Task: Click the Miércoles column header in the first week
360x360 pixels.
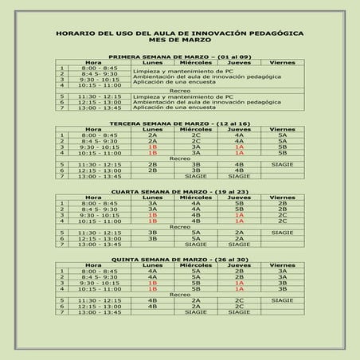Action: coord(196,63)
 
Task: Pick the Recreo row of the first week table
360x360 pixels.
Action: coord(179,92)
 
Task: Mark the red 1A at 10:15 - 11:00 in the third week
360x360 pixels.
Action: coord(239,153)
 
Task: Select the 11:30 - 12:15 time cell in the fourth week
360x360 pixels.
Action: coord(100,232)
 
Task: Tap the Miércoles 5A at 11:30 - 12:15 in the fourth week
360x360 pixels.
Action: coord(196,232)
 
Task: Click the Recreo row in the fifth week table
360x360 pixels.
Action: coord(179,294)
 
